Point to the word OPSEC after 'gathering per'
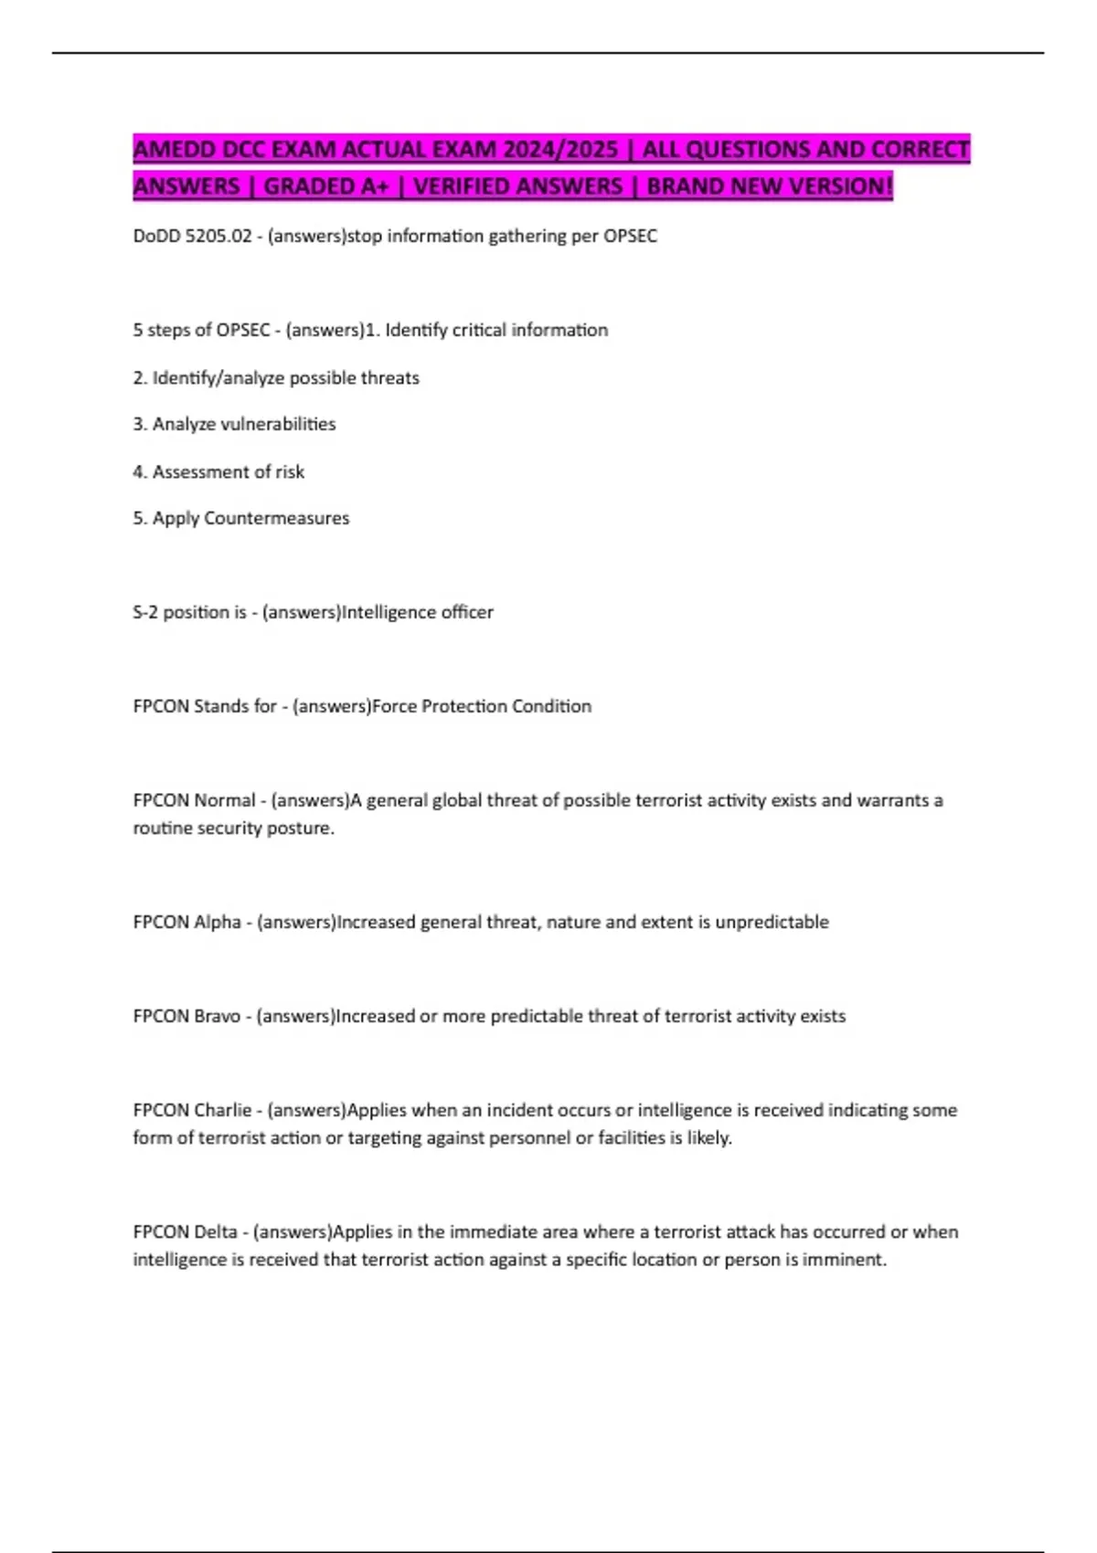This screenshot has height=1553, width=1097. coord(630,236)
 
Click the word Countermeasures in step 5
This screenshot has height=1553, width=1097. coord(276,518)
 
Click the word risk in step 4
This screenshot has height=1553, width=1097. coord(290,471)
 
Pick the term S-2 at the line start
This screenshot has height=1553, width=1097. coord(145,612)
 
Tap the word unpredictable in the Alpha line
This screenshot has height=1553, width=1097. coord(772,922)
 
